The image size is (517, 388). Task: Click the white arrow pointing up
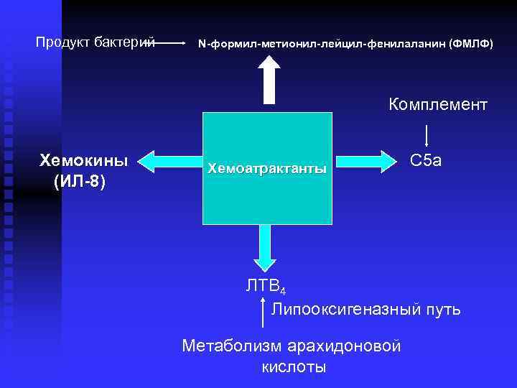(x=270, y=79)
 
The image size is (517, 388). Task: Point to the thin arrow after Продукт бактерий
(x=171, y=43)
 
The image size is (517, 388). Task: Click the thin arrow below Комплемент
(x=427, y=135)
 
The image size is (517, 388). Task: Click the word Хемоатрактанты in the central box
(x=267, y=169)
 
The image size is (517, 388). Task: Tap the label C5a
(x=426, y=160)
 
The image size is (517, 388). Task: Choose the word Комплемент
(x=438, y=105)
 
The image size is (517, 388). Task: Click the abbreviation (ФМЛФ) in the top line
(x=471, y=44)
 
